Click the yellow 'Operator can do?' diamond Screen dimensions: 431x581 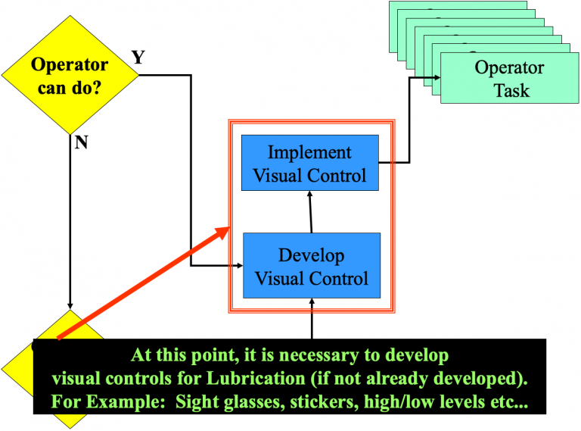coord(69,76)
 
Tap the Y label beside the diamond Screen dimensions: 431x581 coord(139,58)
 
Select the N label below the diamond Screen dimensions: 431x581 coord(81,142)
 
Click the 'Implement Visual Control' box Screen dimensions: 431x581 coord(309,164)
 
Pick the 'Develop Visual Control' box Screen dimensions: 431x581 coord(311,266)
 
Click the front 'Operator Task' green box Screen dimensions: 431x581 coord(508,79)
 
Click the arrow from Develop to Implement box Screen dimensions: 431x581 coord(310,211)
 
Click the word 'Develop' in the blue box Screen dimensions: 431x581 coord(311,255)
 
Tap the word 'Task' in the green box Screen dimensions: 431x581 coord(511,90)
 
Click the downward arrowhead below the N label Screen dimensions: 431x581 coord(70,305)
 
